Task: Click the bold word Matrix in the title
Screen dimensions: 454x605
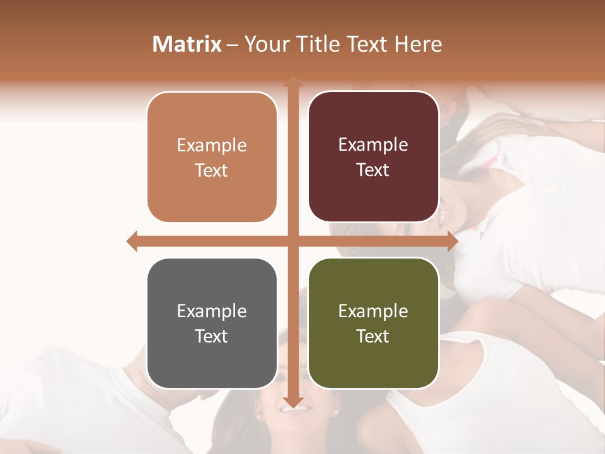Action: coord(187,44)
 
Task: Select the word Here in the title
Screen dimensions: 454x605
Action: coord(418,44)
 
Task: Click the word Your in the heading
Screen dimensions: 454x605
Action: coord(267,44)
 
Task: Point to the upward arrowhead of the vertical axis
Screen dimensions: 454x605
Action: coord(292,81)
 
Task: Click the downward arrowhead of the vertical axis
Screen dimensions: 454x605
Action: coord(292,402)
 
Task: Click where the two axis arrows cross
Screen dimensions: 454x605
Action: coord(292,241)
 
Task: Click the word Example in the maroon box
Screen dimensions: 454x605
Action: coord(373,144)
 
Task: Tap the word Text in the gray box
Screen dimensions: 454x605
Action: coord(211,336)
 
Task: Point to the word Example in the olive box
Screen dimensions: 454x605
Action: coord(373,311)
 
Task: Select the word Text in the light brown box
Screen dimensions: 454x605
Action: coord(211,170)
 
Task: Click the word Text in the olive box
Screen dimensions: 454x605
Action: coord(373,336)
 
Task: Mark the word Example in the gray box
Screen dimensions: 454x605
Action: coord(212,311)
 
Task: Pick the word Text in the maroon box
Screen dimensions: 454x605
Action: coord(373,170)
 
